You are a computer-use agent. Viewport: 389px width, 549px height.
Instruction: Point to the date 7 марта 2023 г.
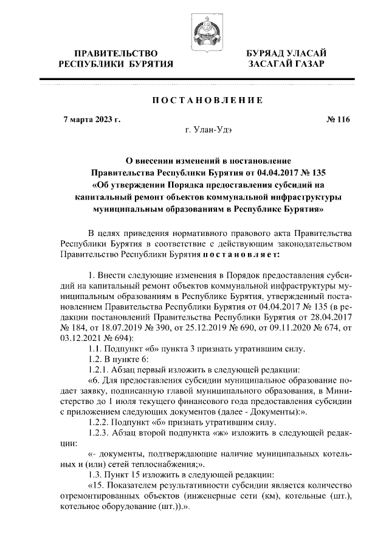(92, 119)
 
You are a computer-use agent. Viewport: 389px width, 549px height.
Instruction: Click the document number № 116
(338, 119)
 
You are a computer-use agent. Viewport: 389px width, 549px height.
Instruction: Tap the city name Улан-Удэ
(213, 130)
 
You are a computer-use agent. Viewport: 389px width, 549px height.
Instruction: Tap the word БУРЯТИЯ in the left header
(146, 64)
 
